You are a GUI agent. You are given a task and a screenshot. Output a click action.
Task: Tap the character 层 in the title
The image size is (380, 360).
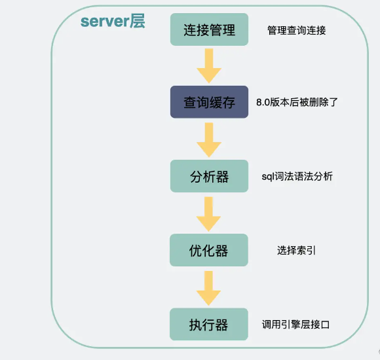click(x=138, y=21)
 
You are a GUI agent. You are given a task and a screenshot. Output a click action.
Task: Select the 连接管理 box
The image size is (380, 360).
click(x=209, y=30)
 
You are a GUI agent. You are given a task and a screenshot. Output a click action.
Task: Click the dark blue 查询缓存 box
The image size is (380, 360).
click(x=209, y=102)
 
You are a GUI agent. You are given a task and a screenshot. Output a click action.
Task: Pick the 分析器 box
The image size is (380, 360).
click(x=209, y=176)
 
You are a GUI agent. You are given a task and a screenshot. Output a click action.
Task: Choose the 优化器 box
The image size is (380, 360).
click(x=209, y=250)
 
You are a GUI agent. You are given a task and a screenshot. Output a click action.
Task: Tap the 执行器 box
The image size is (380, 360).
click(x=209, y=324)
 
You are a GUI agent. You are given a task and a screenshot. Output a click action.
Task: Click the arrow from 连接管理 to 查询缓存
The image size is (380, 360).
click(x=209, y=65)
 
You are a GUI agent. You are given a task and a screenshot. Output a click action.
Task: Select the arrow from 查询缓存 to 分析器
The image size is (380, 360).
click(x=209, y=139)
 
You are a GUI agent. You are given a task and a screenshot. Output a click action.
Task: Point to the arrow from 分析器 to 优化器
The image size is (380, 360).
click(x=209, y=213)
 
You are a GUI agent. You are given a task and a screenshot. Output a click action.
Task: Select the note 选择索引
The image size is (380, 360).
click(x=296, y=250)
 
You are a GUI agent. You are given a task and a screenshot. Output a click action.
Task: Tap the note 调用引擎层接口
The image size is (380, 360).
click(x=296, y=324)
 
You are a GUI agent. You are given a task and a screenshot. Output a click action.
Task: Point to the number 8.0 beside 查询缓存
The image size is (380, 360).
click(x=263, y=103)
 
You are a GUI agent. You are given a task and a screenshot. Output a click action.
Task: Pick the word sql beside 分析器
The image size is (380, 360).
click(x=267, y=177)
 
